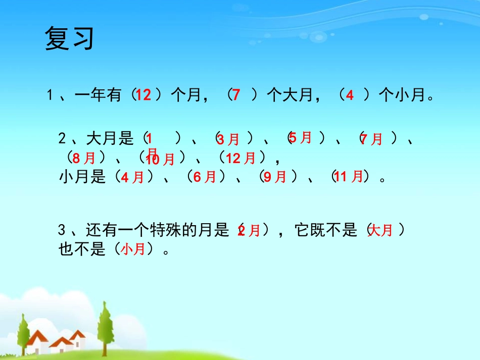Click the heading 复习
[69, 39]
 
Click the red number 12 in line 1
[143, 94]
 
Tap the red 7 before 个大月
[236, 94]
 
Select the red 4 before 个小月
[350, 95]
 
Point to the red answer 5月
[300, 137]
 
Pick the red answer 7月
[371, 139]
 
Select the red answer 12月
[241, 158]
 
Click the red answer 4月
[132, 177]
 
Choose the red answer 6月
[205, 177]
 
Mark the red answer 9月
[275, 177]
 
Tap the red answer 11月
[349, 177]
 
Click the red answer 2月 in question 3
[249, 231]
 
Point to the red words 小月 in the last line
[133, 249]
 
